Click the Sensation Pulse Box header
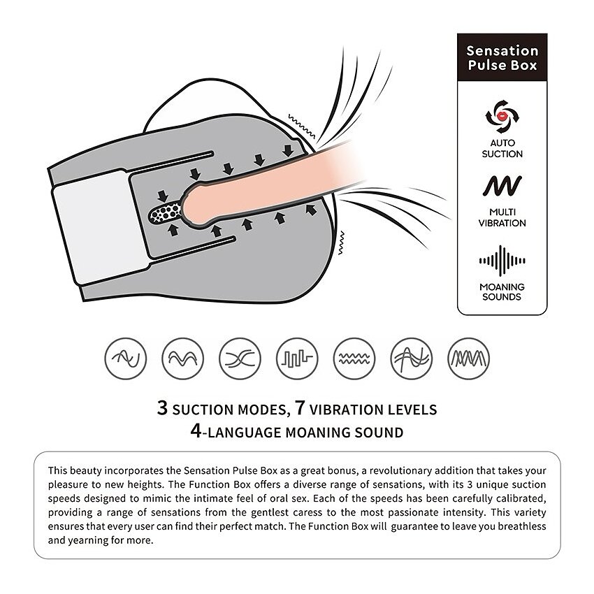pos(502,57)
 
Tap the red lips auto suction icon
pos(502,116)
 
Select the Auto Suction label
pos(502,148)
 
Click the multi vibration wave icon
pos(502,186)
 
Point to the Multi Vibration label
pos(502,217)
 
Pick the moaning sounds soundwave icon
pos(502,261)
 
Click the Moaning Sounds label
pos(502,291)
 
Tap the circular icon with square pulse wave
pos(297,358)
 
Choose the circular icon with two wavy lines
pos(354,358)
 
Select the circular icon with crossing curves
pos(240,358)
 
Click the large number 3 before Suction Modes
pos(162,408)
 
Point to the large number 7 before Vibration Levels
pos(300,408)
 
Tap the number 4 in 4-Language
pos(196,430)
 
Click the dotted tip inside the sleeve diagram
pos(166,214)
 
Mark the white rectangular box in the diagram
pos(99,227)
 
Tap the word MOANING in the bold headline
pos(318,433)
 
